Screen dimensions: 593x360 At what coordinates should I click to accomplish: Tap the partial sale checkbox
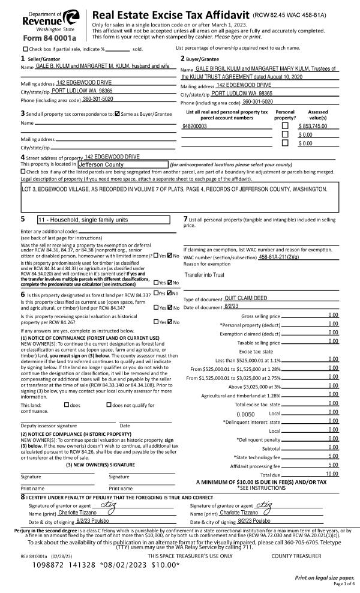[x=25, y=49]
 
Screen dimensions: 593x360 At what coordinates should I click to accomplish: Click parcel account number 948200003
[x=194, y=127]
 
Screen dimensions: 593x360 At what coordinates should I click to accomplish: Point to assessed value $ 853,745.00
[x=312, y=127]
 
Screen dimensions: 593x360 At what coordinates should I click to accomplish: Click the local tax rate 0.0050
[x=246, y=414]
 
